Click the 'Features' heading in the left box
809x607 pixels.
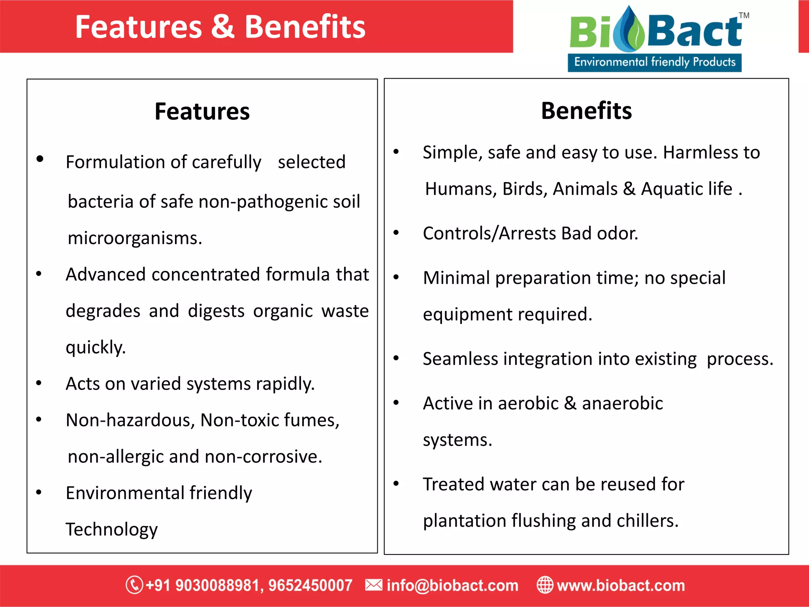pyautogui.click(x=202, y=111)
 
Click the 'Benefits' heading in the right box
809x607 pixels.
pyautogui.click(x=586, y=111)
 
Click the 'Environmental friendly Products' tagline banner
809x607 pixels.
pyautogui.click(x=655, y=62)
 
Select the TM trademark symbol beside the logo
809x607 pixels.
pyautogui.click(x=744, y=16)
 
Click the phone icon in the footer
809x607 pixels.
pyautogui.click(x=134, y=585)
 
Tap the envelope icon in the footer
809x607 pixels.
pyautogui.click(x=373, y=585)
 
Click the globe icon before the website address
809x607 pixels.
pyautogui.click(x=545, y=585)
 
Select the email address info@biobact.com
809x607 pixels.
pyautogui.click(x=452, y=585)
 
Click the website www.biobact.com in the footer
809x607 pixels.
pyautogui.click(x=621, y=585)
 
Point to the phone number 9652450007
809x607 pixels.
pyautogui.click(x=310, y=585)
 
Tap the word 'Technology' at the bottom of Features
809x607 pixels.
pyautogui.click(x=112, y=530)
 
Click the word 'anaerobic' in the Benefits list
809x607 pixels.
pyautogui.click(x=622, y=403)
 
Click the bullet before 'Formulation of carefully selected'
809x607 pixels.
pyautogui.click(x=40, y=159)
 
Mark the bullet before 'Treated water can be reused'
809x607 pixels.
pyautogui.click(x=396, y=483)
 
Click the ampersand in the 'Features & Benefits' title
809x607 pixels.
pyautogui.click(x=223, y=27)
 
